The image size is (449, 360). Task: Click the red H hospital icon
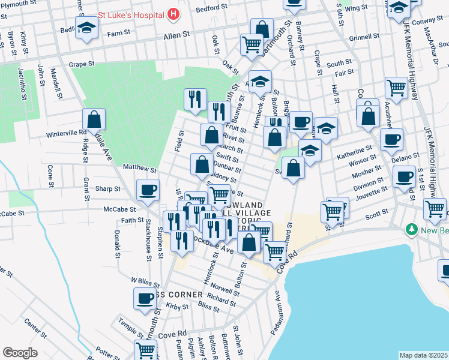coord(173,13)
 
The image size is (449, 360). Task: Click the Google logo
coord(20,353)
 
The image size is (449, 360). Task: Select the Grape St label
coord(82,63)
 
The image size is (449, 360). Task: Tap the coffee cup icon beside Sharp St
coord(147,190)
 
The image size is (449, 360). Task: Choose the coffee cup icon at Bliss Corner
coord(145,298)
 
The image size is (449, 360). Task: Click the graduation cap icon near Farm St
coord(87,28)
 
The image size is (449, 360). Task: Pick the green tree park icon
coord(412,229)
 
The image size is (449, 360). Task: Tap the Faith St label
coord(131,221)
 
